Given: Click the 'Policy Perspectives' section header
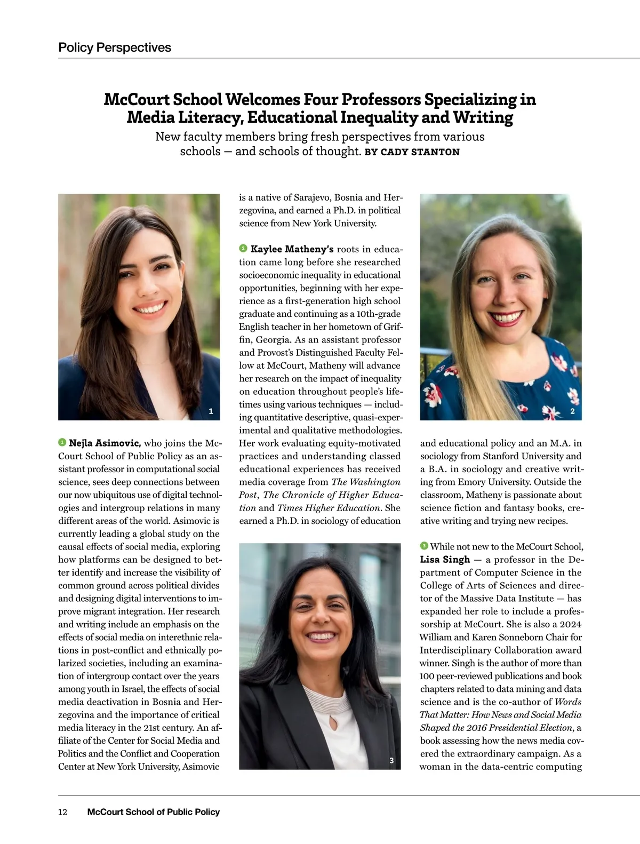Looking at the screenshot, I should [x=115, y=47].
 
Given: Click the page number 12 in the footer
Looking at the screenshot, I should [x=63, y=812].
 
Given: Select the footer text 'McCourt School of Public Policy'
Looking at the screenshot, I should [x=153, y=812].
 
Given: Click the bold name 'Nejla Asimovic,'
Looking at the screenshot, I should [x=105, y=443].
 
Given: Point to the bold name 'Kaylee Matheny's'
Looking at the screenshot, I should [x=292, y=249].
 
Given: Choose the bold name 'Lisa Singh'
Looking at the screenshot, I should [x=445, y=560].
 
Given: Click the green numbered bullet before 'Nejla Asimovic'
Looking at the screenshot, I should [x=62, y=443].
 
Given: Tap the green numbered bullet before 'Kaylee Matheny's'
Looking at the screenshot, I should [x=243, y=249].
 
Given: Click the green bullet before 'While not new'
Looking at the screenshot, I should [x=424, y=546].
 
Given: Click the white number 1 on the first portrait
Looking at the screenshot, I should [x=211, y=411].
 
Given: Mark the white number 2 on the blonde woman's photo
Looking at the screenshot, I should [x=572, y=411].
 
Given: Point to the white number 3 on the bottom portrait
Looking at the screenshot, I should [x=391, y=760].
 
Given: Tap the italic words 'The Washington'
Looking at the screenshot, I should [x=366, y=482].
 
